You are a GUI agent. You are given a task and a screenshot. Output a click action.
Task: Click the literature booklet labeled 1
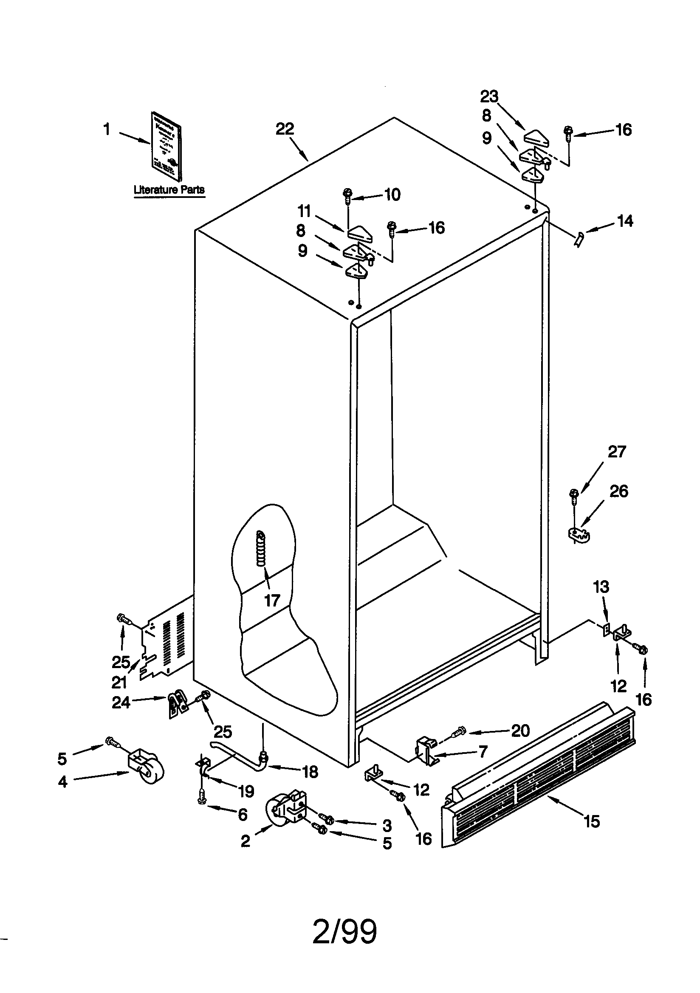point(166,146)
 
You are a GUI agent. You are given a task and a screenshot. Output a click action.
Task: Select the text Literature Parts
point(169,189)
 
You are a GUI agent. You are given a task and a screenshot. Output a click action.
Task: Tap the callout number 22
point(285,129)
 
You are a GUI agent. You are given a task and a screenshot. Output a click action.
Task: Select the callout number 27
point(616,452)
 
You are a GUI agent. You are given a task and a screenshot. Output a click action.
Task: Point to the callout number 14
point(625,221)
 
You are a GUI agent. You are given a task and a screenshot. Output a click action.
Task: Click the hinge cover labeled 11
point(358,233)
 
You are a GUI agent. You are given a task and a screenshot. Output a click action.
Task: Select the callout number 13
point(601,587)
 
